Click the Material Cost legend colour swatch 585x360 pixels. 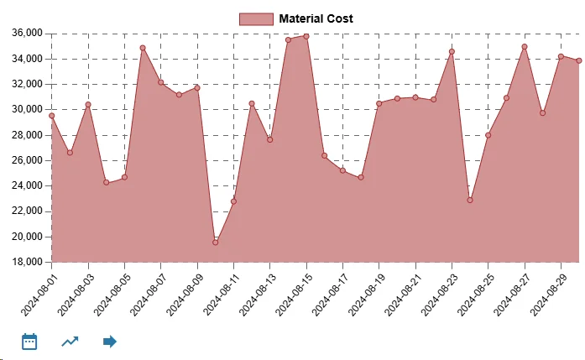point(256,18)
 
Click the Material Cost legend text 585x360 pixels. point(316,18)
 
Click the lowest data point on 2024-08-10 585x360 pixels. point(215,243)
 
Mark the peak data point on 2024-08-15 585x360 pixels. point(306,36)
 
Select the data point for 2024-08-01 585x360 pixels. point(52,116)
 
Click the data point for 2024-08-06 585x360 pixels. point(143,48)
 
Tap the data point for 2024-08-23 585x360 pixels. point(452,51)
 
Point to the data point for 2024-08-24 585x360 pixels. point(470,200)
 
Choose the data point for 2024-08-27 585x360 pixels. point(525,47)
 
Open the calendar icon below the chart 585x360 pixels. point(29,342)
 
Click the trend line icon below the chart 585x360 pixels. point(71,342)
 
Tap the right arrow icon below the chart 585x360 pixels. point(110,342)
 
